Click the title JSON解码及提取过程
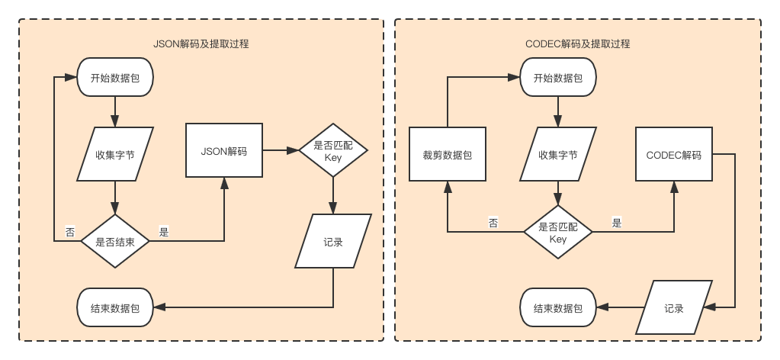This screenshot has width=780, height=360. (x=201, y=44)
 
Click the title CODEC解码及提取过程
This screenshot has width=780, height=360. (x=577, y=44)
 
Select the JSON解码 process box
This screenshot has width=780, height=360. (x=224, y=151)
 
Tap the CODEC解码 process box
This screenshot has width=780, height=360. (x=674, y=155)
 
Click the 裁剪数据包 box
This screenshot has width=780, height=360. (x=448, y=155)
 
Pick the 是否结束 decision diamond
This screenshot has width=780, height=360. (x=115, y=241)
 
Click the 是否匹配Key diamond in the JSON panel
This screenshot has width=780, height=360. (x=333, y=150)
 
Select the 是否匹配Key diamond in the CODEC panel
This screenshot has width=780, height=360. (x=558, y=233)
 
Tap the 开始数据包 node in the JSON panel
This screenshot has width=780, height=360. (x=115, y=78)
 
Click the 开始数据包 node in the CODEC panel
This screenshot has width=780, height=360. (x=558, y=78)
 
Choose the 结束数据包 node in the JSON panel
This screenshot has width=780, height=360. (x=115, y=308)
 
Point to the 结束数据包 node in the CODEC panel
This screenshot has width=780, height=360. (x=558, y=308)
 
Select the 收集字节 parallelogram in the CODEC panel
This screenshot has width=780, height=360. (x=558, y=155)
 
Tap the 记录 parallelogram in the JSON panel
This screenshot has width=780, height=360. (x=333, y=242)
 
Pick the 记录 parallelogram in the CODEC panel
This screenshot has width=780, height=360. (x=674, y=308)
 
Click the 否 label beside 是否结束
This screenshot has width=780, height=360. (x=70, y=232)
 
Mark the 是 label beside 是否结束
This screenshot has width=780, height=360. (x=163, y=232)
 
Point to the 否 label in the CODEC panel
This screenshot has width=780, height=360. (x=493, y=223)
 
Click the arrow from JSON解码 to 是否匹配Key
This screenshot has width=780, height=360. (x=280, y=151)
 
